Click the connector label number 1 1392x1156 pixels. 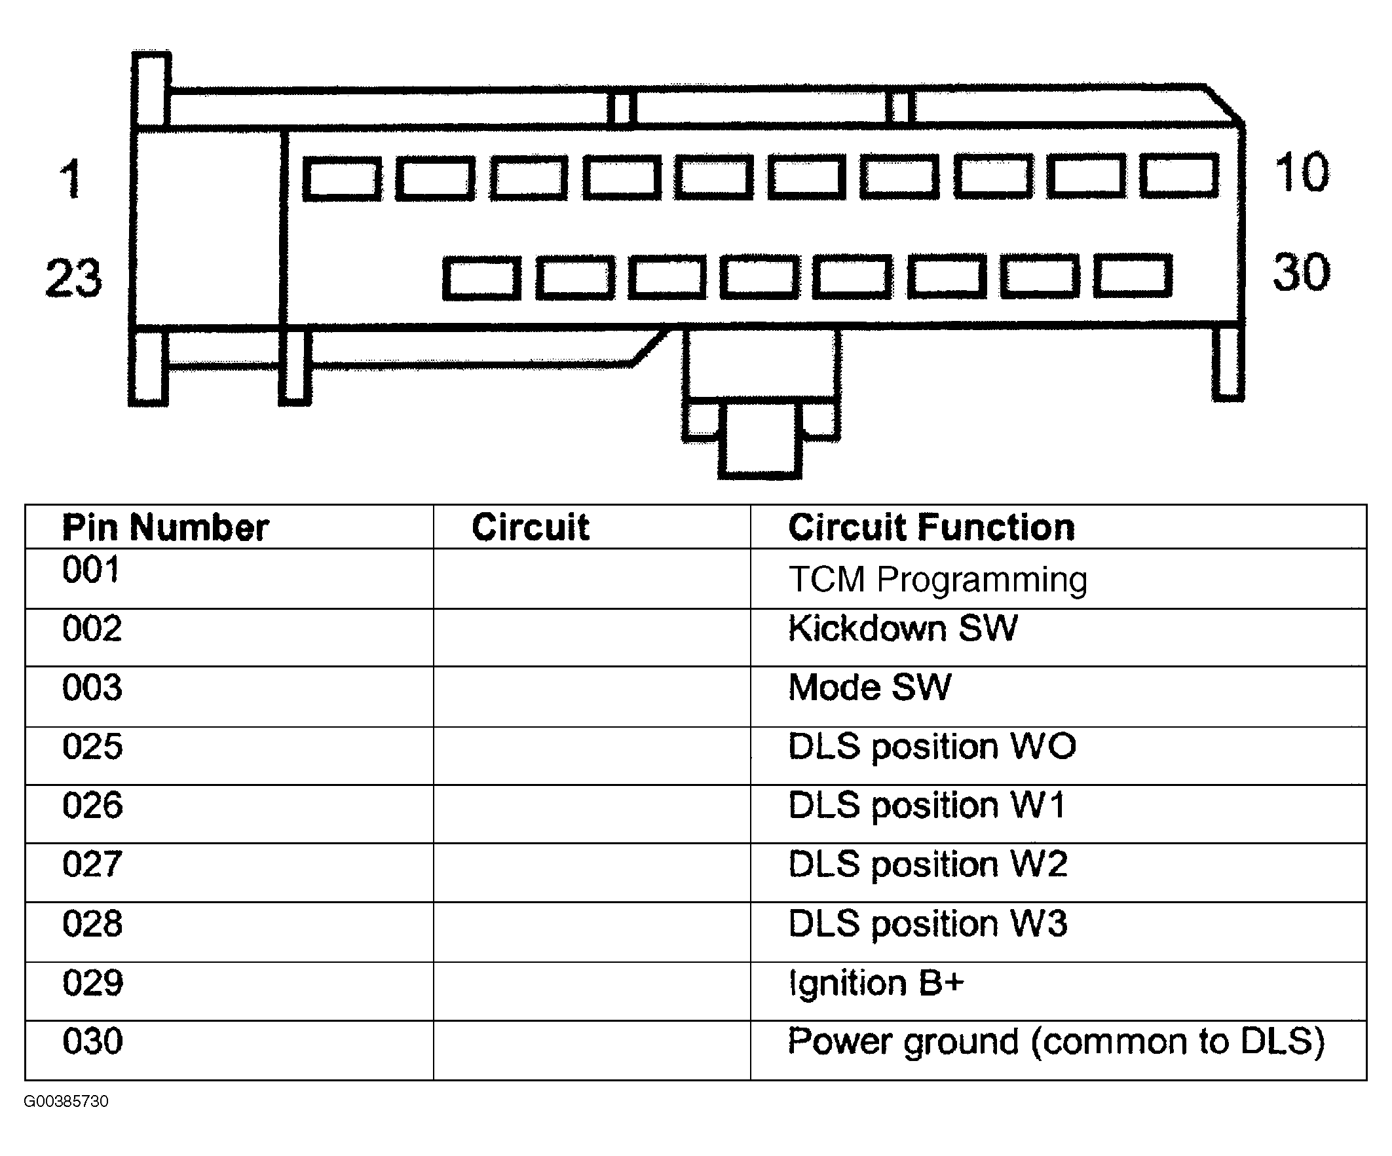point(71,178)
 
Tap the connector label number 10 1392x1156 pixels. point(1301,172)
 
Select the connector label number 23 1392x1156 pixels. point(73,277)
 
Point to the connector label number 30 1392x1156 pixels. point(1300,272)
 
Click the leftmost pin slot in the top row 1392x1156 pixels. point(342,178)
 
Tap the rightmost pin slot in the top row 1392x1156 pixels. point(1179,176)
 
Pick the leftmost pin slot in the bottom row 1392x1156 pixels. point(482,279)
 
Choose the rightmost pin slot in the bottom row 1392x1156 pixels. point(1133,275)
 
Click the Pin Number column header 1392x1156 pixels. point(166,528)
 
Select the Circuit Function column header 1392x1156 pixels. point(931,528)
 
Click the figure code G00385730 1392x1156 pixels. point(66,1101)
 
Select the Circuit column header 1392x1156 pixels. point(531,528)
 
